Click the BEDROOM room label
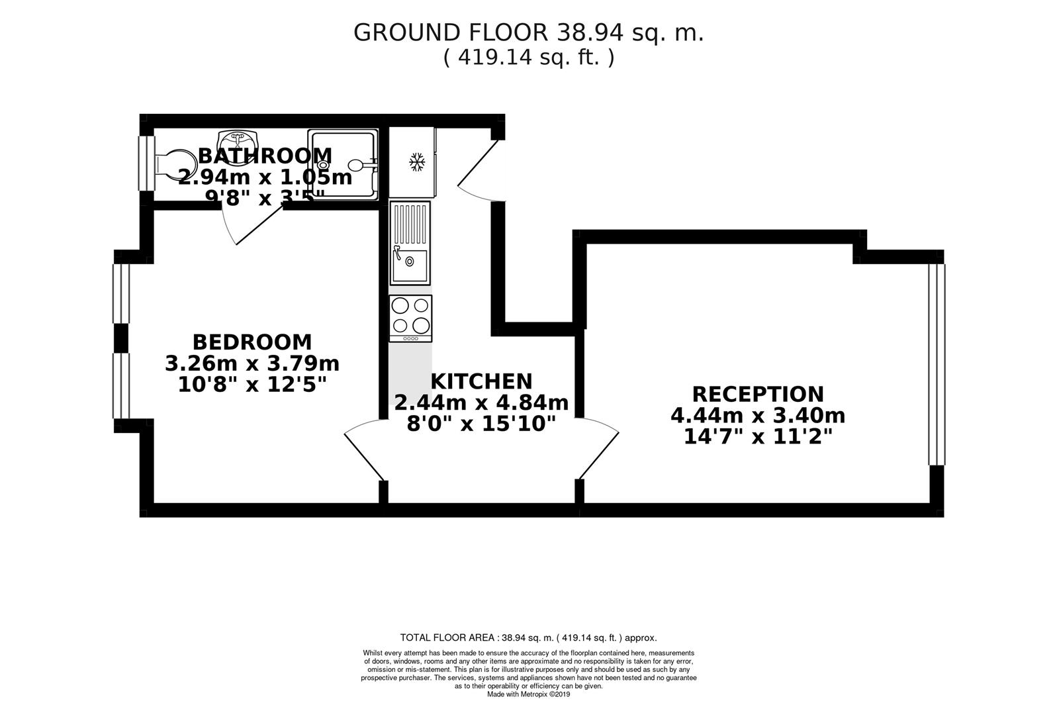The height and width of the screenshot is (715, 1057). pos(252,342)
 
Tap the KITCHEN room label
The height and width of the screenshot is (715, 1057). pos(481,381)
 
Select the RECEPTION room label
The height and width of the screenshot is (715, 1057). pos(758,394)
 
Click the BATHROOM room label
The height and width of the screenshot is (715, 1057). pos(265,156)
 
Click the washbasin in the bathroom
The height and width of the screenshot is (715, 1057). pos(236,140)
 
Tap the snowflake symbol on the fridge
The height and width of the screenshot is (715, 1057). pos(416,162)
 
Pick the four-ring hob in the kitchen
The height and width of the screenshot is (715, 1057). pos(410,316)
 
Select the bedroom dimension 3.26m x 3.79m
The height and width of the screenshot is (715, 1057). pos(252,363)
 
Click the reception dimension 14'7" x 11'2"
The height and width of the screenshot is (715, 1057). pos(758,437)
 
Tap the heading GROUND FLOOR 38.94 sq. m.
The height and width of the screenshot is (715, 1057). pos(528,32)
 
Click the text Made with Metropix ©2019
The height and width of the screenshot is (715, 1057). pos(528,694)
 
